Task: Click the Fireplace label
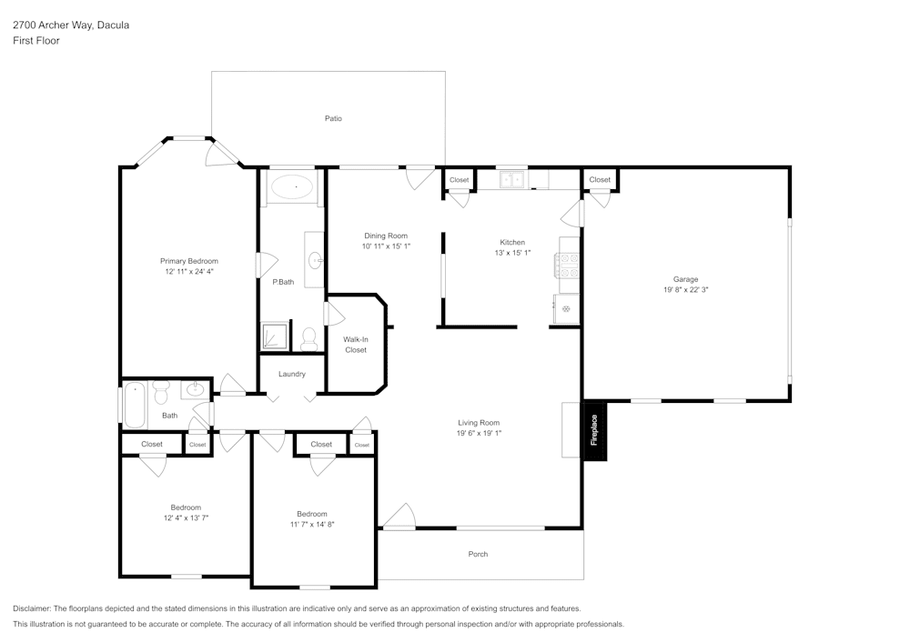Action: (x=594, y=429)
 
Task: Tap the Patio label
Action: (x=333, y=118)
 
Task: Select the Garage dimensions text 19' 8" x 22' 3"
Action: (x=685, y=290)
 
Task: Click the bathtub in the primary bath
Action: (x=292, y=189)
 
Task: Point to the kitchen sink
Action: (x=512, y=180)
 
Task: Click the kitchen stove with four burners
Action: (x=568, y=265)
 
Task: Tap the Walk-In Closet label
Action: (x=356, y=344)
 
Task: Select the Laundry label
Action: (x=292, y=374)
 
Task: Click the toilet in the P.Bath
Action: (x=308, y=338)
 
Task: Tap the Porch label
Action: (x=478, y=554)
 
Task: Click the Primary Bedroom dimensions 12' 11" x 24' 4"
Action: (x=191, y=272)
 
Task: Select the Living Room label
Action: (x=478, y=422)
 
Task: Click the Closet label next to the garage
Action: (x=600, y=180)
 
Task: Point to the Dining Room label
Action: (x=386, y=236)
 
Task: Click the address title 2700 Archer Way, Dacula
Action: (x=71, y=25)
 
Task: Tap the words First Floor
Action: (x=36, y=41)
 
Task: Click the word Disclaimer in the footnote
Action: (x=32, y=608)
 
